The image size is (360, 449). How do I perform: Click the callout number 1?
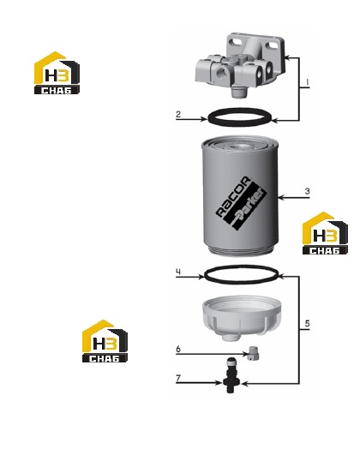pos(308,82)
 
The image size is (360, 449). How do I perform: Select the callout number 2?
pos(178,114)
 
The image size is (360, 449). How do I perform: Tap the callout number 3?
pos(308,191)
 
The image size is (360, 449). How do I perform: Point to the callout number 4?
pos(178,272)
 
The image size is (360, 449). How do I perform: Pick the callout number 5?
pos(308,324)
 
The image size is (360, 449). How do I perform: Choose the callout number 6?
pos(178,349)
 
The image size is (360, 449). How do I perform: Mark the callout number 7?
pos(178,378)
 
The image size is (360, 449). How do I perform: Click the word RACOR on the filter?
pos(233,196)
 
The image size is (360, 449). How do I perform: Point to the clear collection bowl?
pos(241,318)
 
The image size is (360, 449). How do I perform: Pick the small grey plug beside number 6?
pos(253,353)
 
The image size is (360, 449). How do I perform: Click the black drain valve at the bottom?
pos(231,375)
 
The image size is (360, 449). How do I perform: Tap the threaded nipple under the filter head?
pos(238,92)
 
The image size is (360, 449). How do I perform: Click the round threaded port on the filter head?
pos(221,74)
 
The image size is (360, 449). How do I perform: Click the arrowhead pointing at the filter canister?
pos(280,198)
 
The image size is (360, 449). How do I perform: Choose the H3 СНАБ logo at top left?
pos(57,73)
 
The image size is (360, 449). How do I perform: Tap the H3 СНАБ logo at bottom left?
pos(105,341)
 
